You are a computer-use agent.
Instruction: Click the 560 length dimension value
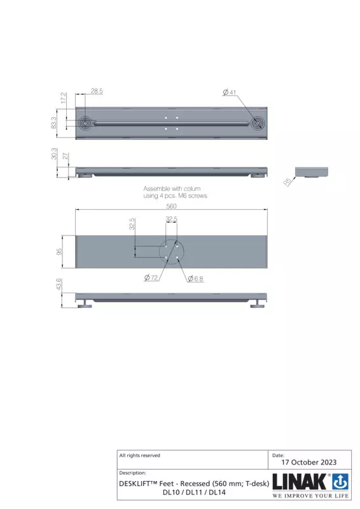point(171,206)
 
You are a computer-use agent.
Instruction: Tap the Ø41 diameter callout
point(230,92)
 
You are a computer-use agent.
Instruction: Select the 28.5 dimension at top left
point(97,91)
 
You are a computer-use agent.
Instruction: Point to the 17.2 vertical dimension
point(64,98)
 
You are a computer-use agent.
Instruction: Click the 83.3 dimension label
point(53,123)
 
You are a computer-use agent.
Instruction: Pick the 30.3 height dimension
point(54,153)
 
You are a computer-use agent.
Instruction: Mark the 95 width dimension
point(59,251)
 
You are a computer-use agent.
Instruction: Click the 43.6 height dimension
point(59,284)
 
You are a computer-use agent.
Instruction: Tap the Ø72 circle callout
point(151,277)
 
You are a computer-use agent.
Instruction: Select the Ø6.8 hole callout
point(195,279)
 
